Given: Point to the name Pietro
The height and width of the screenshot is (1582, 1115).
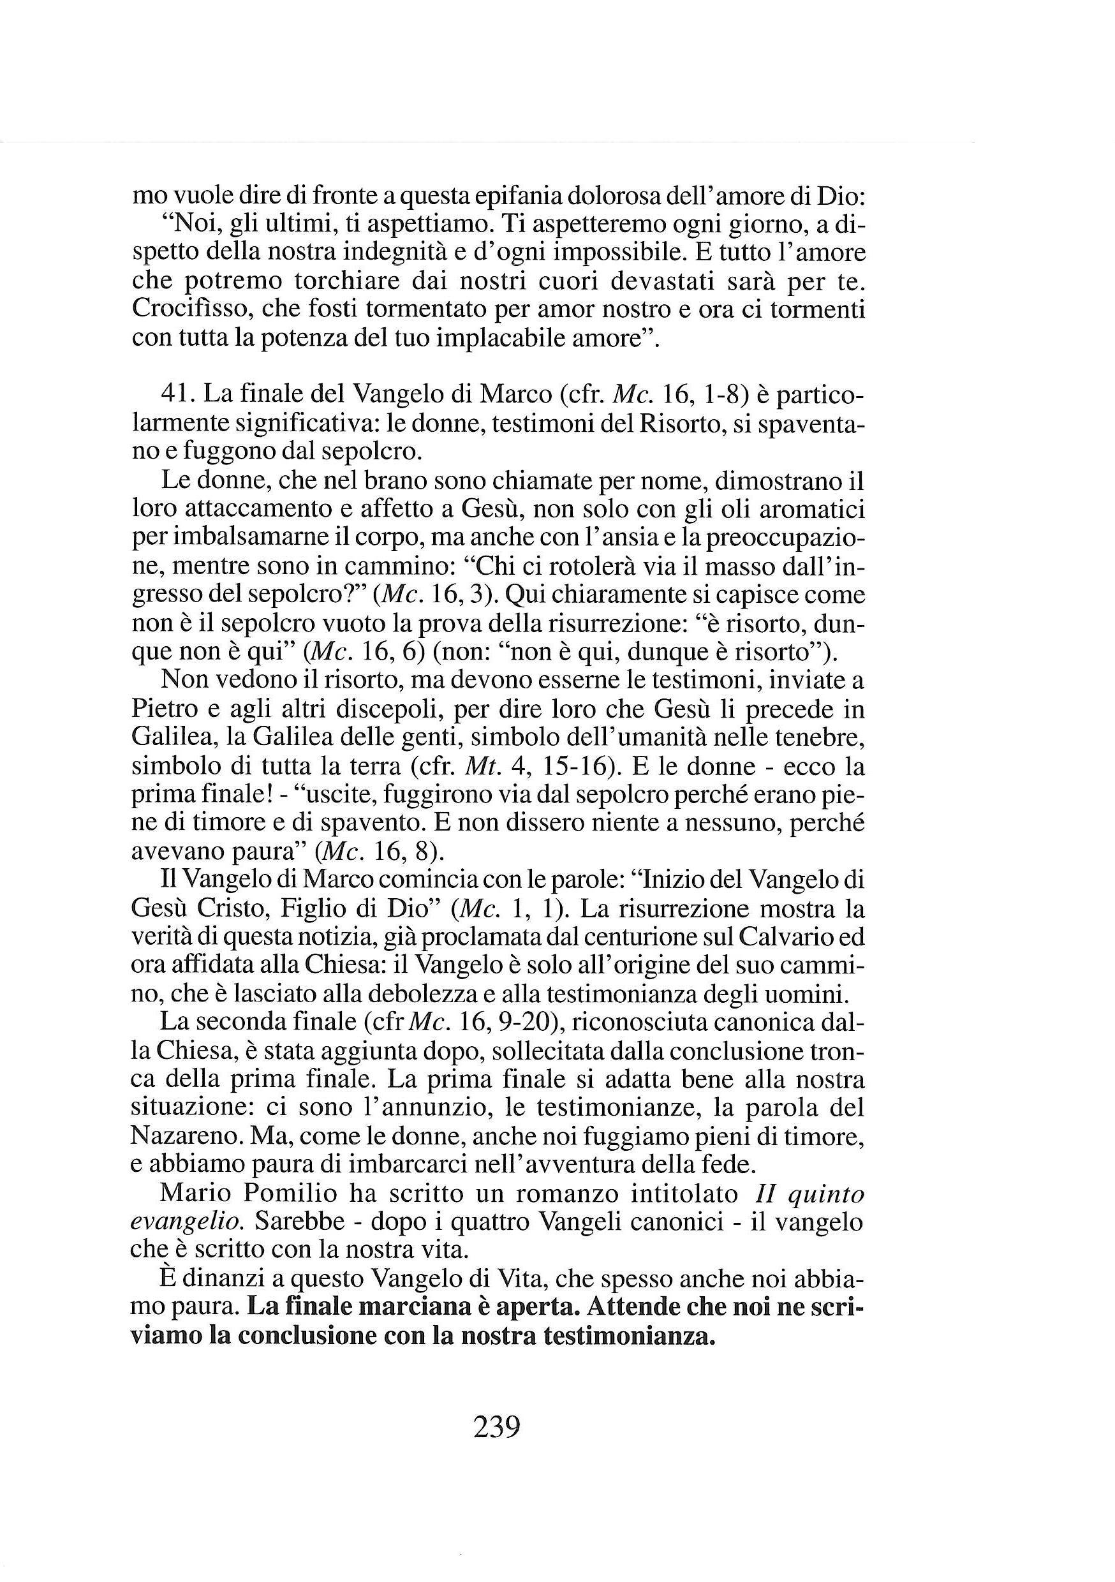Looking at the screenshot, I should [163, 710].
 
